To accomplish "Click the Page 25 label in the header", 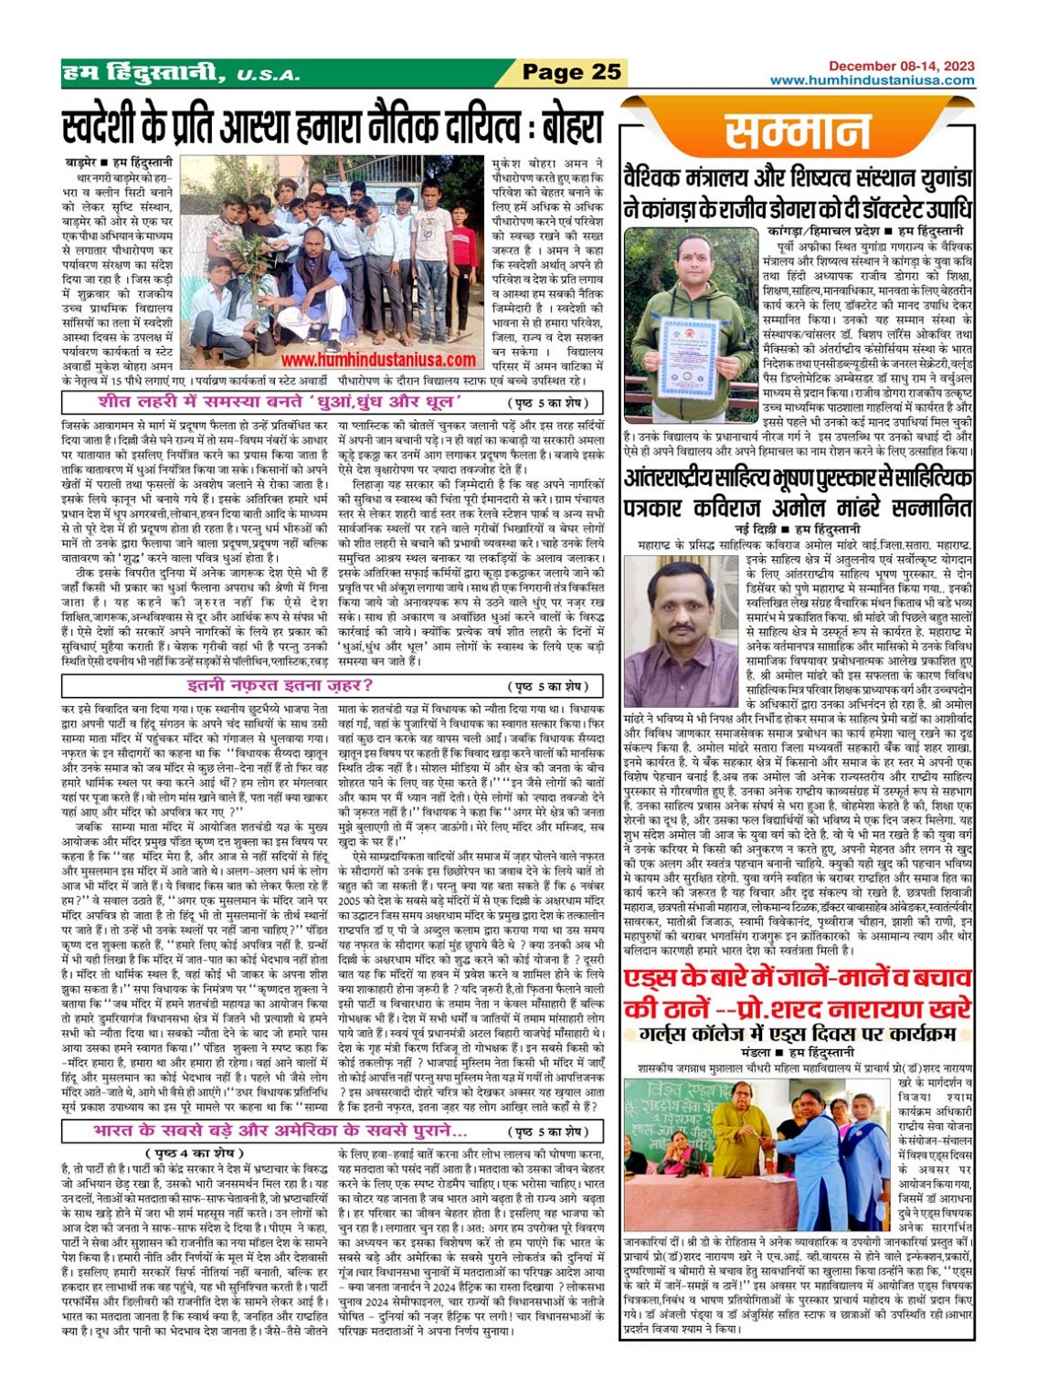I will point(571,72).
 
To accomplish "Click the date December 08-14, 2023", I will point(901,66).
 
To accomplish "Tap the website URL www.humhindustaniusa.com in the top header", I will point(872,80).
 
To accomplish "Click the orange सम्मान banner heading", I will point(798,132).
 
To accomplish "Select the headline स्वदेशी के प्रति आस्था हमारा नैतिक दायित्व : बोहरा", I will point(333,127).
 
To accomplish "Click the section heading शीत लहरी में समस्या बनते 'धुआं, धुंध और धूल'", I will point(280,403).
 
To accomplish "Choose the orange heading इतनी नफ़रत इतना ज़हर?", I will point(280,686).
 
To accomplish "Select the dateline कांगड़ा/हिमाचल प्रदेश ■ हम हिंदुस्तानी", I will point(865,232).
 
